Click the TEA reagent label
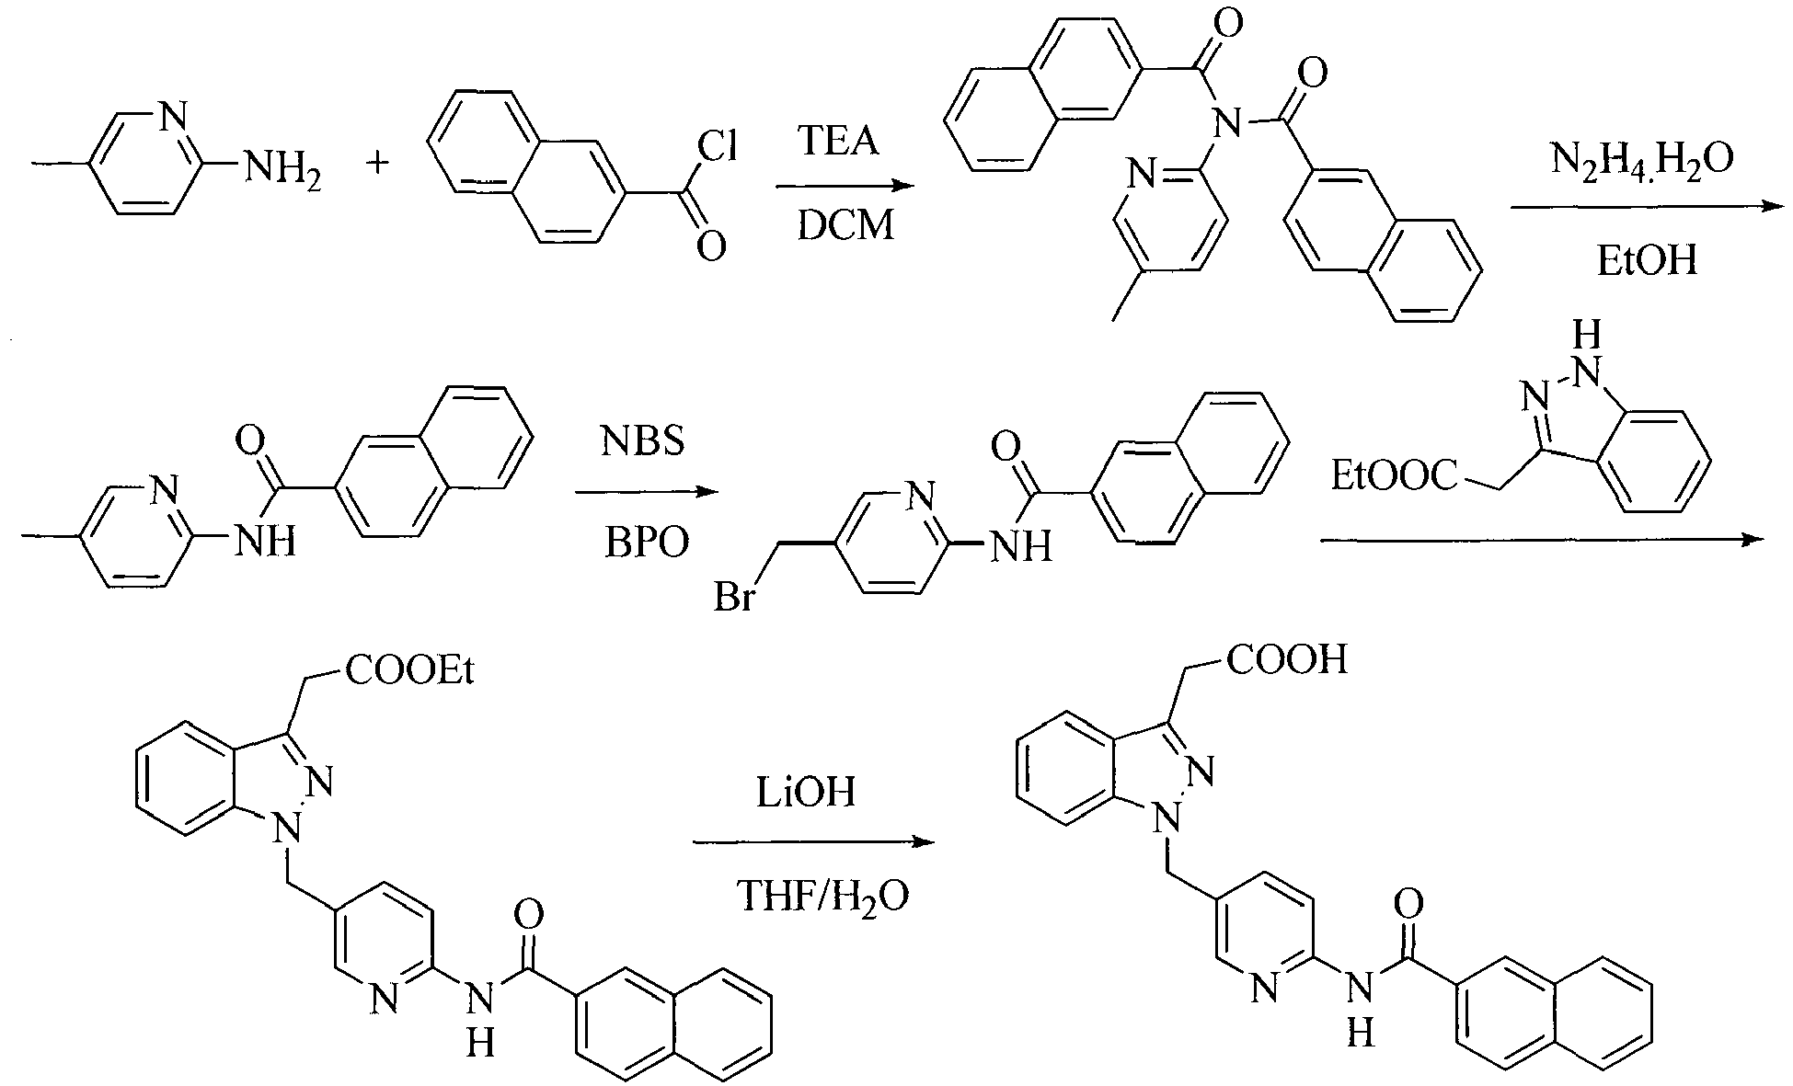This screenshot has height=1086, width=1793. (838, 143)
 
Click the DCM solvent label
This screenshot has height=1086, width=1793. (845, 225)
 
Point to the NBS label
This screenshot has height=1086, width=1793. (643, 441)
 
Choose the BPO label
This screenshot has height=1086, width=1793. (646, 543)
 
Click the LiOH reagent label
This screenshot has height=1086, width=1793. (806, 792)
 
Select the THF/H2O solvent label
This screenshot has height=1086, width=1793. (823, 897)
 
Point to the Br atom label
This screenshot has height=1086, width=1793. (735, 598)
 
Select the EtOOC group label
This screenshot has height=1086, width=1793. (1395, 475)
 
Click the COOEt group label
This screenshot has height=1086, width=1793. (409, 671)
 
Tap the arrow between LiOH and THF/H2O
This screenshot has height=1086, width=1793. (813, 842)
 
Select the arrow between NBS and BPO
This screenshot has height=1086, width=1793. (646, 492)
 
